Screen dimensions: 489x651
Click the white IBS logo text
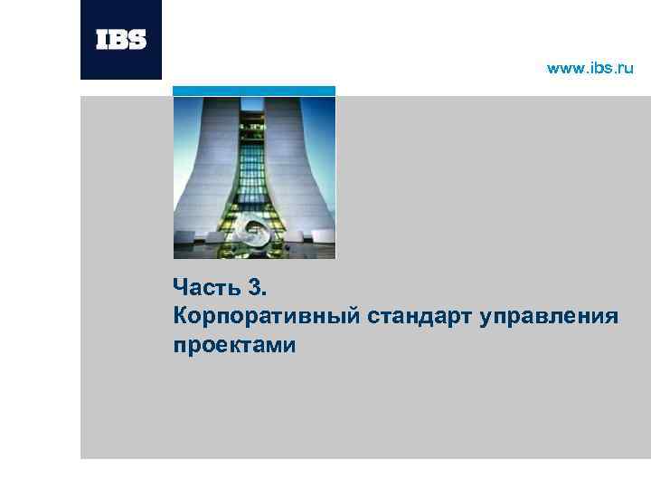coord(121,40)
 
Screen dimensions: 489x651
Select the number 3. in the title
coord(257,289)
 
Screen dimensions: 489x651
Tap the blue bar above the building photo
coord(254,91)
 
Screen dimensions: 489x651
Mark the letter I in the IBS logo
coord(101,40)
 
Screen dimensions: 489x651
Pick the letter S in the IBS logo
coord(138,40)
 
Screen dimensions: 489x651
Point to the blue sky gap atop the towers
coord(254,104)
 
